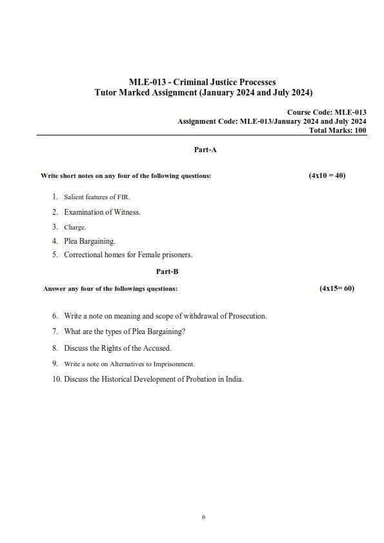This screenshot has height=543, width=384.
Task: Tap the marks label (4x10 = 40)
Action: coord(327,175)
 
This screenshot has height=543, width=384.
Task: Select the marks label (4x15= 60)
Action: coord(337,289)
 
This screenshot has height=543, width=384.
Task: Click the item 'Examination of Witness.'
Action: coord(102,212)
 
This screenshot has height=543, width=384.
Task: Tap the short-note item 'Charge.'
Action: coord(75,227)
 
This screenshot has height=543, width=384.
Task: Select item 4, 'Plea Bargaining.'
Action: coord(90,241)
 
